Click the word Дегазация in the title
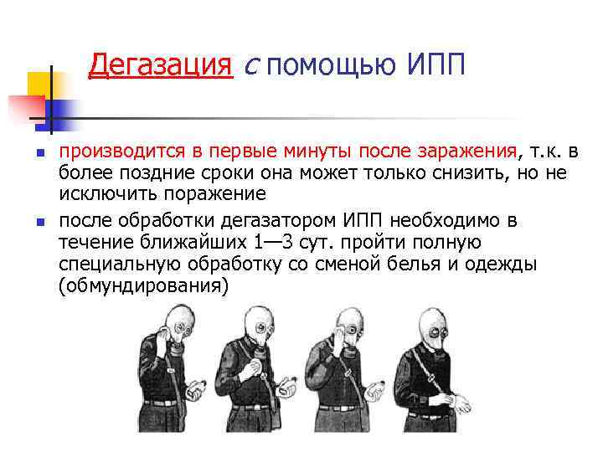point(160,64)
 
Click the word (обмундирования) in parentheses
point(143,286)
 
